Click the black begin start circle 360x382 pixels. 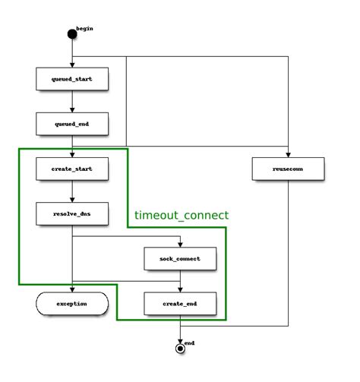(x=72, y=33)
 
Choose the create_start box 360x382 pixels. (x=72, y=169)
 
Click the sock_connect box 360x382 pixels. (x=181, y=259)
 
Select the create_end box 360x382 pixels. (x=181, y=303)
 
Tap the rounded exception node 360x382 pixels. (x=72, y=304)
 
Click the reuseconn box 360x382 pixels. (x=289, y=169)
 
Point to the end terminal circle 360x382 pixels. (x=181, y=348)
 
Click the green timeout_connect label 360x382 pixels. (x=181, y=216)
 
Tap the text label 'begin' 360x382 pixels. (x=84, y=28)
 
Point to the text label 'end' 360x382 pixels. (x=190, y=343)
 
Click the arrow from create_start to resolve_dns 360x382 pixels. (x=72, y=191)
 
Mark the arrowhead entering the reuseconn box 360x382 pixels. (x=289, y=153)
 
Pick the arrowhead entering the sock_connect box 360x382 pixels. (x=181, y=244)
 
